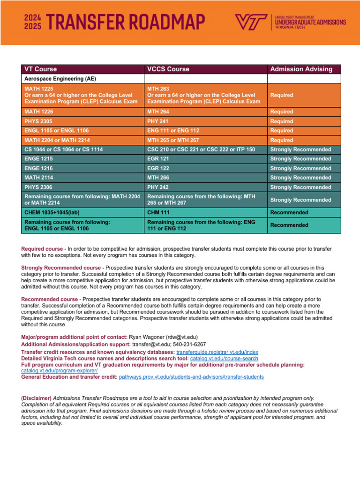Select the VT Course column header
tap(40, 69)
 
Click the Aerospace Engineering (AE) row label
tap(53, 79)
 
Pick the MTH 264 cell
tap(158, 112)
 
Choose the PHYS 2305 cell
tap(38, 121)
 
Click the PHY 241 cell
tap(157, 121)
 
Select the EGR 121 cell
tap(157, 159)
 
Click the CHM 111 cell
tap(157, 212)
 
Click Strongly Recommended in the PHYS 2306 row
tap(300, 187)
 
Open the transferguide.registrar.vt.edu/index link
tap(217, 352)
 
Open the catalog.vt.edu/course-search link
tap(224, 358)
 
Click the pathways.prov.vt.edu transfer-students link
tap(191, 376)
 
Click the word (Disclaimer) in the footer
tap(37, 398)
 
